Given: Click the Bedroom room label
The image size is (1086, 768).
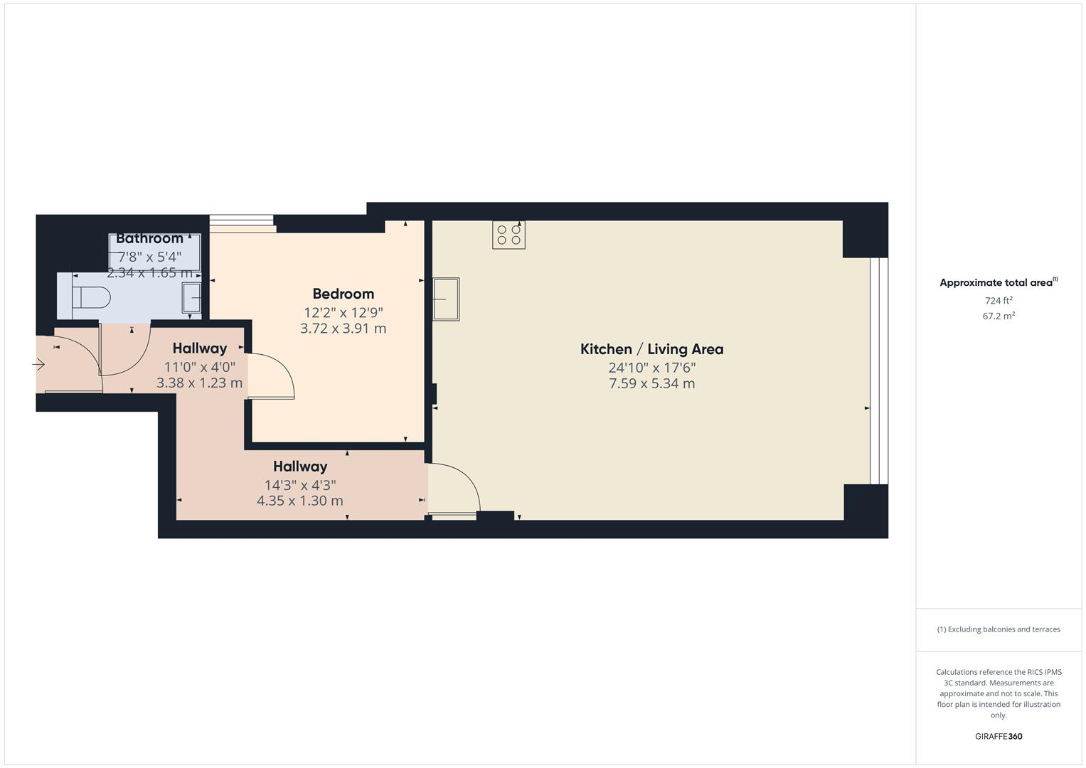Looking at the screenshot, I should point(343,294).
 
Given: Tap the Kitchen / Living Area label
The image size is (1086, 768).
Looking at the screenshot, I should point(651,349).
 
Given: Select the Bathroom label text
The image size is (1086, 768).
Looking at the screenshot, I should point(149,238).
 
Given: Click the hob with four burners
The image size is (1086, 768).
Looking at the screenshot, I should point(509,235).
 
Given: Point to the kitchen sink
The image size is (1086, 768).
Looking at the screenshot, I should point(446,299).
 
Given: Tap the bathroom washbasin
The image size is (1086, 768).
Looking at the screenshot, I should point(191,297).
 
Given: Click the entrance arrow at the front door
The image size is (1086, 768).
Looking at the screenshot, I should point(38,365).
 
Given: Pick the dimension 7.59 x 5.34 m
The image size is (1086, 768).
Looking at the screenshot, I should point(651,384).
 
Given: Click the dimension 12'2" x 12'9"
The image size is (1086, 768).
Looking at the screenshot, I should point(343,312).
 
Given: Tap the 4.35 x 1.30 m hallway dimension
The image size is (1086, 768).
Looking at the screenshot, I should point(299,501).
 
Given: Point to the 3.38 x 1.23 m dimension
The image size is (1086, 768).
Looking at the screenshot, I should point(199,383).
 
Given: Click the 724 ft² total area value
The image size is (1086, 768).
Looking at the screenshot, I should point(998,301).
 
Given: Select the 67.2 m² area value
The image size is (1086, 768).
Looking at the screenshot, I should point(998,316).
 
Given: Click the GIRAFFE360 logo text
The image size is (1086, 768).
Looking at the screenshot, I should point(998,737).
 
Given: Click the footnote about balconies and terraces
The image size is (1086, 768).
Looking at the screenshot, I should point(998,629).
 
